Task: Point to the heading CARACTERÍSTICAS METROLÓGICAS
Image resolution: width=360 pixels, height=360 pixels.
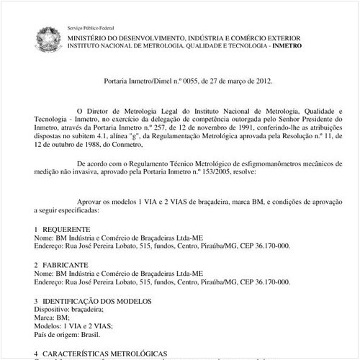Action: [105, 354]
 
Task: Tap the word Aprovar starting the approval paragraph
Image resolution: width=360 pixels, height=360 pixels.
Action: [92, 204]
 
